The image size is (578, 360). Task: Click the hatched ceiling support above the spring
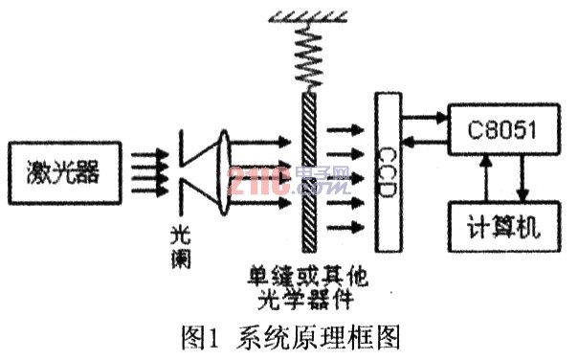click(308, 16)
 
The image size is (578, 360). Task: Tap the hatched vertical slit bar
click(309, 172)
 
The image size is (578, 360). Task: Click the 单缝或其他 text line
click(308, 277)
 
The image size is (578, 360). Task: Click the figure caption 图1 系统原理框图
click(291, 337)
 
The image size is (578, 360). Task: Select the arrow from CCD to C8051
click(425, 118)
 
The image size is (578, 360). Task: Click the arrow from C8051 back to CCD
click(425, 141)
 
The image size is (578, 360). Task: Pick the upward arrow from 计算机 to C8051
click(486, 178)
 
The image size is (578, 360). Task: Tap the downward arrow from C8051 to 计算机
click(522, 178)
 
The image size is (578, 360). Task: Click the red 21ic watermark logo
click(259, 181)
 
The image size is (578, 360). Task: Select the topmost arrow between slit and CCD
click(345, 129)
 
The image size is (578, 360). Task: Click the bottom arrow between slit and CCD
click(345, 227)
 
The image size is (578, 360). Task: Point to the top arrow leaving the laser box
click(149, 154)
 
